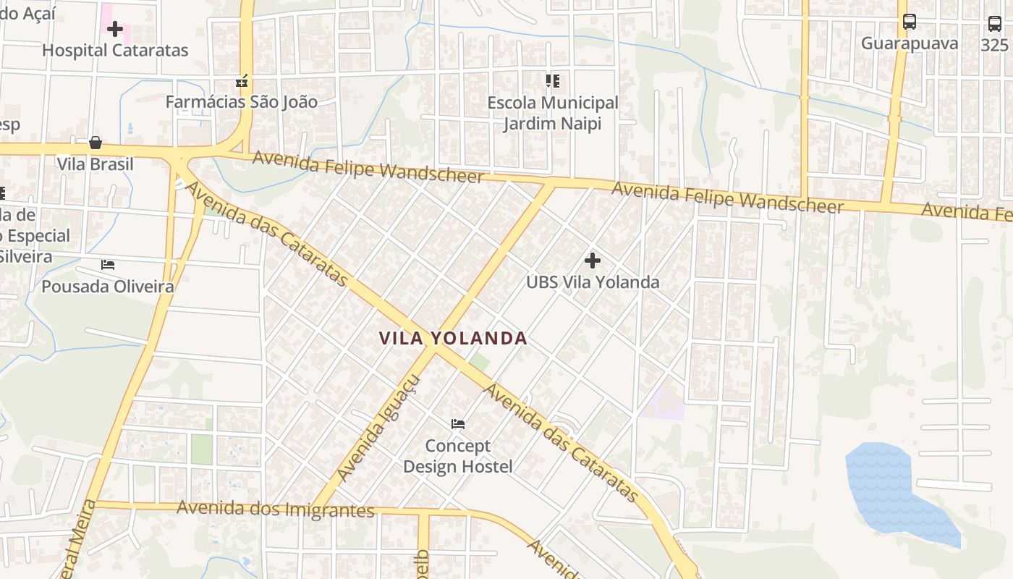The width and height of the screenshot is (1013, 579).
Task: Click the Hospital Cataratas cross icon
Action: tap(115, 29)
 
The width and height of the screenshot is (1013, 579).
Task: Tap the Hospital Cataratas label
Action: tap(115, 51)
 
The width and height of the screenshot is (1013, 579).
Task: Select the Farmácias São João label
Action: tap(241, 102)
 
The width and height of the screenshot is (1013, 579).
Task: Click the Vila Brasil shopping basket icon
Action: tap(96, 143)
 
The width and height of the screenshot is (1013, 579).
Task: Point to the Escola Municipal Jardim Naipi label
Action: tap(553, 114)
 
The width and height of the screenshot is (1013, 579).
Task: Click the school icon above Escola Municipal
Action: tap(553, 80)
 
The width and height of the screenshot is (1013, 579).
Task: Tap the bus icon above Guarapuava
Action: tap(910, 22)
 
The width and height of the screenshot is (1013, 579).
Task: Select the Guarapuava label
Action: tap(910, 43)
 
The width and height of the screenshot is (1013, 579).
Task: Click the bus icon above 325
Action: tap(995, 24)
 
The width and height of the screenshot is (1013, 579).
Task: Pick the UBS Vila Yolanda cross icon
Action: tap(593, 261)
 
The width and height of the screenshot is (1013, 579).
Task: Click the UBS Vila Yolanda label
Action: tap(593, 282)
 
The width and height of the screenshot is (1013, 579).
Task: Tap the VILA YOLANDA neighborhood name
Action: tap(453, 338)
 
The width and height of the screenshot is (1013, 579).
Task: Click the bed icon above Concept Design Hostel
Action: tap(457, 424)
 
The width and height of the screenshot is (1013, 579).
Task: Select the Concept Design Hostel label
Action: tap(457, 456)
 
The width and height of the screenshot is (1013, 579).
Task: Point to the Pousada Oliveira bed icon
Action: tap(108, 265)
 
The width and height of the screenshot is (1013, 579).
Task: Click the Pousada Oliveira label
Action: tap(108, 287)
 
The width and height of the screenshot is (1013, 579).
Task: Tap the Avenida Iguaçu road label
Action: tap(378, 428)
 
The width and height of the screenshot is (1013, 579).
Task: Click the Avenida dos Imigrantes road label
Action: tap(275, 509)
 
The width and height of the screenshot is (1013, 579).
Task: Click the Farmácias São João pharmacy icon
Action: tap(242, 80)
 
